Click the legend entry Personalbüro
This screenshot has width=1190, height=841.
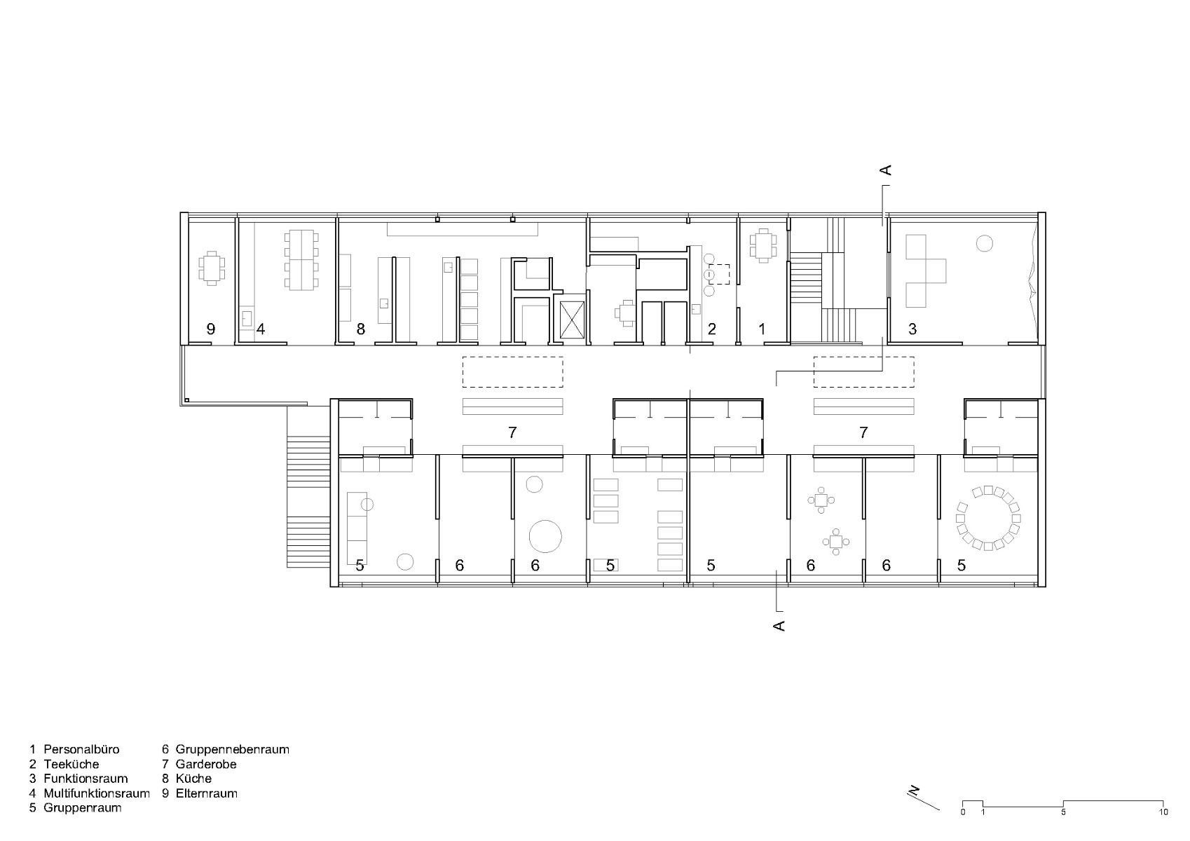(81, 749)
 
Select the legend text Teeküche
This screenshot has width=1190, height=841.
(71, 764)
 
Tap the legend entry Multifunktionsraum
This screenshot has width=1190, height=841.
(96, 793)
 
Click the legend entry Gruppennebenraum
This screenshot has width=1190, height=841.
(232, 749)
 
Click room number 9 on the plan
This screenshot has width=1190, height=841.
(210, 329)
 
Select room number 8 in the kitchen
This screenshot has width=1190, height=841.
(360, 329)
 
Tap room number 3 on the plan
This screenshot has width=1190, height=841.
(912, 329)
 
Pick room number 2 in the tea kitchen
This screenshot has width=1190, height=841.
(711, 329)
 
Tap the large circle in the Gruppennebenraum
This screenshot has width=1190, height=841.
(545, 536)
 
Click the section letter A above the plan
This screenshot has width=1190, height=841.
(885, 170)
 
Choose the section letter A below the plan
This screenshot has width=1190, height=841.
(778, 625)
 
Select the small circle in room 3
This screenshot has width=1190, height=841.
(984, 244)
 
